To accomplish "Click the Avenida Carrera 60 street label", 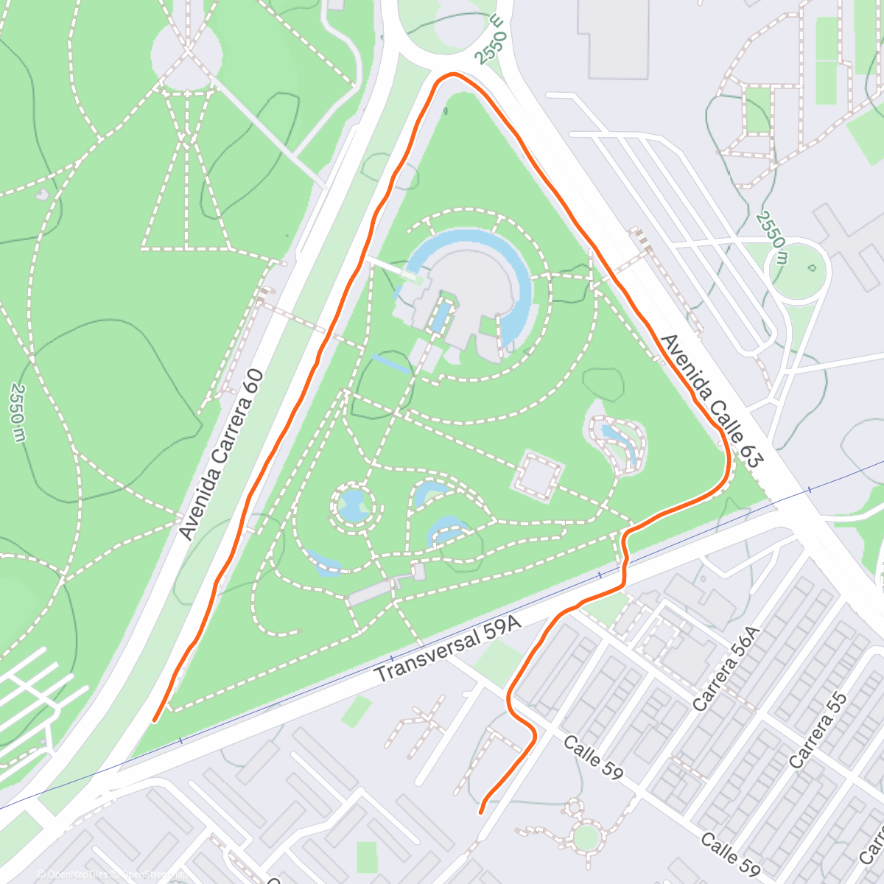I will point(222,455).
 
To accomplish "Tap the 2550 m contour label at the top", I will point(491,40).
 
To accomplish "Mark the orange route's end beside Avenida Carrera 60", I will point(155,719).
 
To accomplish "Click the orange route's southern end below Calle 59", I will point(481,812).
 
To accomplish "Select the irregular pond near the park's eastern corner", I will point(617,441).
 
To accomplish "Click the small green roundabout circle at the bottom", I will point(586,837).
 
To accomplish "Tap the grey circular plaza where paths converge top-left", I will point(187,52).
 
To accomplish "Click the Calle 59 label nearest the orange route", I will point(593,756).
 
